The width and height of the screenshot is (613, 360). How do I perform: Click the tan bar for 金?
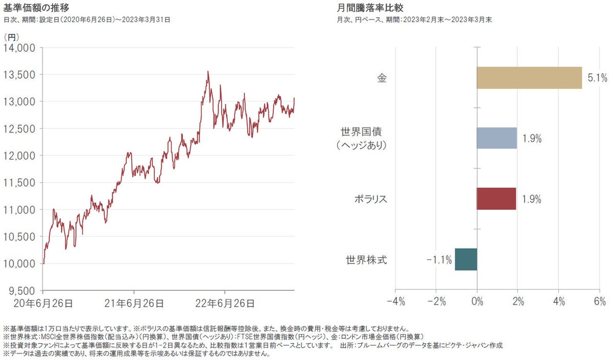[x=529, y=78]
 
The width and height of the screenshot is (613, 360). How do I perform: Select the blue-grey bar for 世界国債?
[x=497, y=138]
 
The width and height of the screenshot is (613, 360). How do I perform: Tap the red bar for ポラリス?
[x=496, y=199]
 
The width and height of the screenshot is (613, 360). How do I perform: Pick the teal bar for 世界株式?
[x=466, y=259]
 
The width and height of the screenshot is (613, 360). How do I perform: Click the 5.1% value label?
[x=596, y=78]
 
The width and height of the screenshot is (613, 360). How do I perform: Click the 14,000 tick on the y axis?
[x=19, y=48]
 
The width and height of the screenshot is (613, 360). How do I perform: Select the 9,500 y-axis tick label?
[x=20, y=291]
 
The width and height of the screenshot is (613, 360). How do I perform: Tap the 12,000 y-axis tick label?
[x=19, y=156]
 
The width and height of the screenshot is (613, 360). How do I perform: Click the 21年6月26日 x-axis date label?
[x=134, y=303]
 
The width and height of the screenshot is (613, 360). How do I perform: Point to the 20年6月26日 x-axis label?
[x=43, y=303]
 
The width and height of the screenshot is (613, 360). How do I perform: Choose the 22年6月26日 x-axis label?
[x=225, y=303]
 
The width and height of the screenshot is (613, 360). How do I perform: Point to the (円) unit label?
[x=11, y=37]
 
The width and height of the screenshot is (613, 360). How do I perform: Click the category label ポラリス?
[x=370, y=199]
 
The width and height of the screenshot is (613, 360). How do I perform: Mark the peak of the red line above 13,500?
[x=208, y=71]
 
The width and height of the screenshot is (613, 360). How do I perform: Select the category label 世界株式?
[x=366, y=260]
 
